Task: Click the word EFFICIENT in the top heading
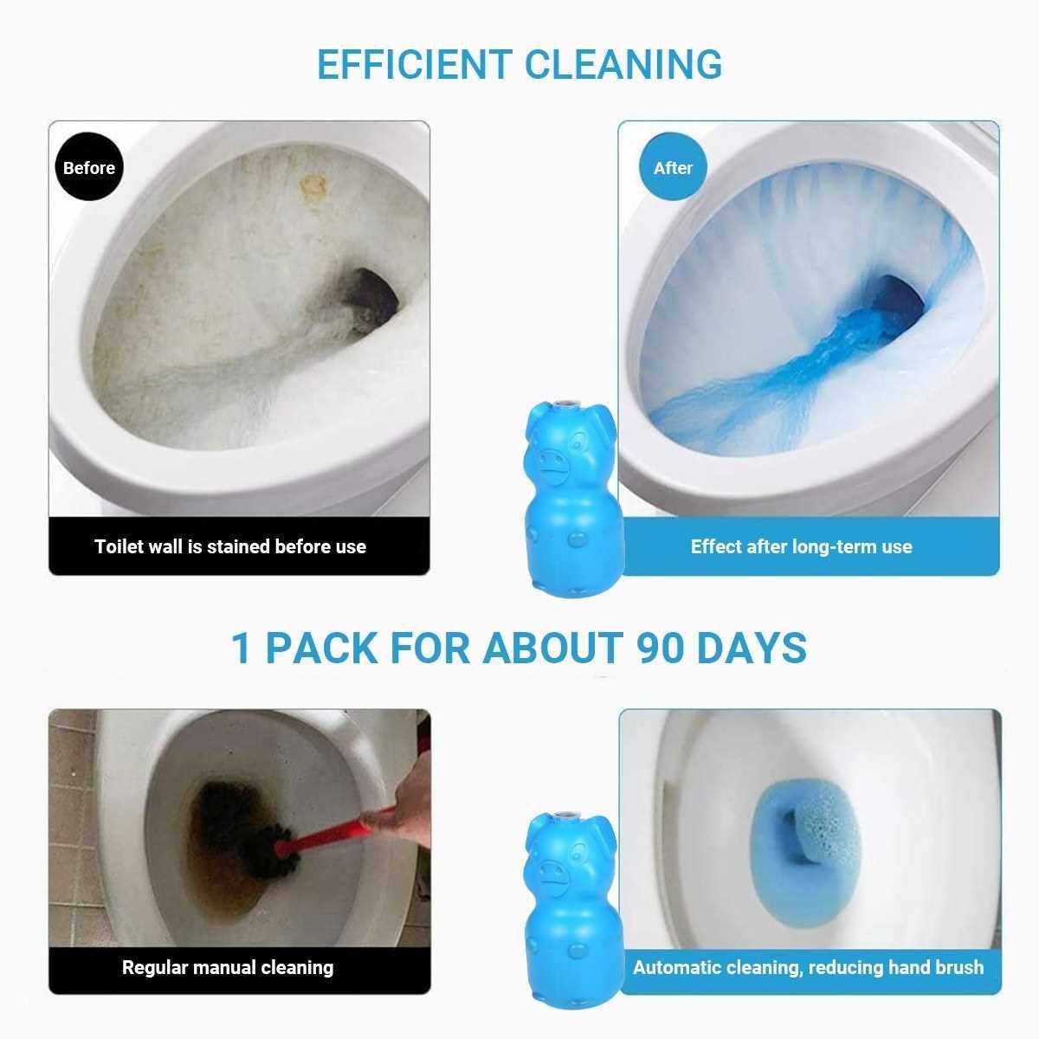point(414,65)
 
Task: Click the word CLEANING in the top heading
point(623,65)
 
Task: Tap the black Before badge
point(89,167)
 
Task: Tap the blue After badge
point(673,167)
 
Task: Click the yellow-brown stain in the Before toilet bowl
point(313,187)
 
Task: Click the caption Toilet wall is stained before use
point(231,546)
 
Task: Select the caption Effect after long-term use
point(801,546)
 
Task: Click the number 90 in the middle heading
point(660,648)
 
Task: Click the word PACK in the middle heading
point(321,648)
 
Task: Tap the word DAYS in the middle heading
point(752,648)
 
